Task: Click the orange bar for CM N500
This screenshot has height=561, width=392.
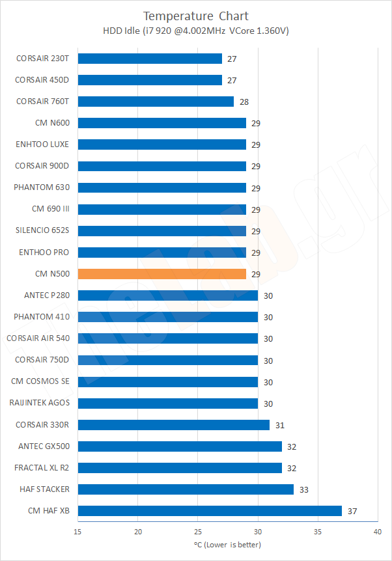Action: pos(161,274)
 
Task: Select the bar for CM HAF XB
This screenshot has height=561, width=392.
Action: pos(210,511)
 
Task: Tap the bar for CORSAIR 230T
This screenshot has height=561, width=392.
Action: pos(150,59)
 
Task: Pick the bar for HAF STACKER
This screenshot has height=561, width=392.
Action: pos(186,489)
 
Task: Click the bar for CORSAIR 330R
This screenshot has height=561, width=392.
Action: pos(174,425)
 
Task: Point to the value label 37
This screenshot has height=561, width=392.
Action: pos(352,512)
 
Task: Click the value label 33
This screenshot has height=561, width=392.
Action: pos(304,490)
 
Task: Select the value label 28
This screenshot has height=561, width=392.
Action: pos(244,102)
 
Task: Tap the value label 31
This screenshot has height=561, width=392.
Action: pos(280,426)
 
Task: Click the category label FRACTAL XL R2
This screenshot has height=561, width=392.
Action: pos(42,467)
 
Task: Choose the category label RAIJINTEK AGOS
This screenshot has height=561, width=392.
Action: pos(40,403)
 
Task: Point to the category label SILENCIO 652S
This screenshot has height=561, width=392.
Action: pos(42,230)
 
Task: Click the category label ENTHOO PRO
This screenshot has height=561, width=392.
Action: pos(44,252)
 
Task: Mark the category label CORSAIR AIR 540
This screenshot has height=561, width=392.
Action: pos(38,338)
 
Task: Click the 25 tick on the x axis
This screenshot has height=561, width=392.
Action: pos(198,532)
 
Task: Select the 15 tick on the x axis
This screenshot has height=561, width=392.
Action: pos(78,532)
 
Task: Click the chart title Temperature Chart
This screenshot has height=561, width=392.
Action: pos(195,16)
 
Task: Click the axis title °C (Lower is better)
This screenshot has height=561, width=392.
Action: pos(227,545)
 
